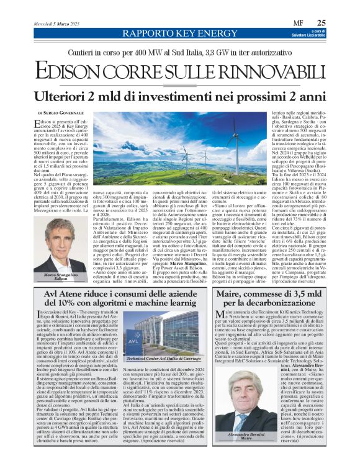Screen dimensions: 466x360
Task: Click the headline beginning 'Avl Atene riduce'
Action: [124, 300]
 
